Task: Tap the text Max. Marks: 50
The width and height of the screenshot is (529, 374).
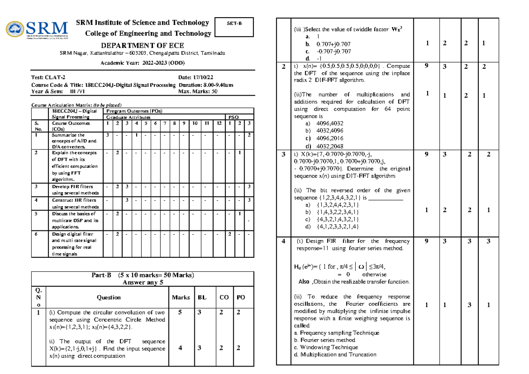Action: point(197,92)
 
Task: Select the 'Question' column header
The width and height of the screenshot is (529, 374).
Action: point(108,297)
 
